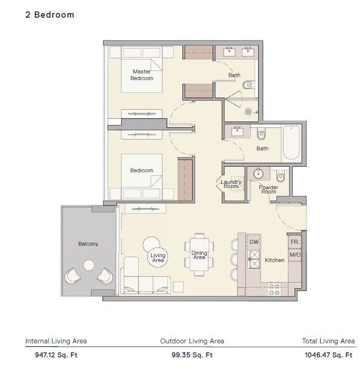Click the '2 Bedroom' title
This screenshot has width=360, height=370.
point(50,15)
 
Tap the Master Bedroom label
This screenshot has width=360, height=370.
point(142,75)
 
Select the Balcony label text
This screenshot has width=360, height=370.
point(88,244)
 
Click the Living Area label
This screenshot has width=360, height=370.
point(158,259)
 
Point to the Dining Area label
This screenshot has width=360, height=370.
point(199,255)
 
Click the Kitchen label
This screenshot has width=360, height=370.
point(275,260)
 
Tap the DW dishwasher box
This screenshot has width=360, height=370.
point(255,242)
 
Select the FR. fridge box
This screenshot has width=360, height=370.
point(295,241)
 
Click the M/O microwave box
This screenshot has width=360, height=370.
point(295,255)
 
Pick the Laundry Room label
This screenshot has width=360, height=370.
point(231,184)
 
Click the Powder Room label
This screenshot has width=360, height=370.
point(268,189)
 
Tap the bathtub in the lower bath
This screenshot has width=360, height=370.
point(292,142)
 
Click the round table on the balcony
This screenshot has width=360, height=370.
point(89,265)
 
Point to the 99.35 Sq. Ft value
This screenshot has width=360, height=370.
point(192,355)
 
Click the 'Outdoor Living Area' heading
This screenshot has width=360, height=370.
point(192,341)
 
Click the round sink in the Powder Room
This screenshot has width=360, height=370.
point(258,173)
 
